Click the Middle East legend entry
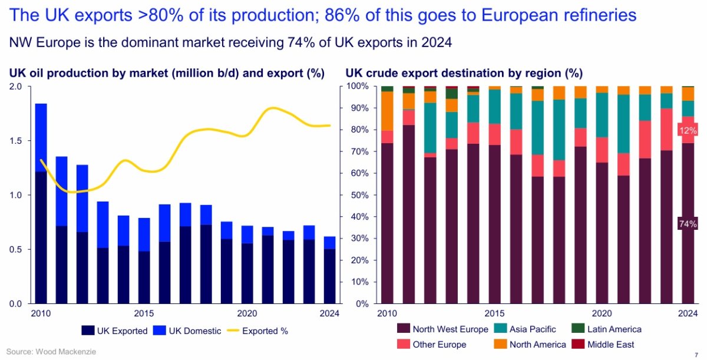point(609,344)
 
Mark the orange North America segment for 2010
point(387,111)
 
